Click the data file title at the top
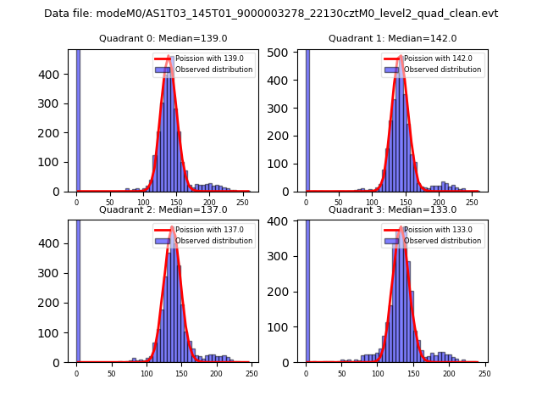pyautogui.click(x=271, y=14)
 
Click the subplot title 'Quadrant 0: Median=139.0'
pyautogui.click(x=163, y=38)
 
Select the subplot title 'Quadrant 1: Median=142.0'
pyautogui.click(x=392, y=38)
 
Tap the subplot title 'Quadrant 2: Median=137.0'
pyautogui.click(x=163, y=209)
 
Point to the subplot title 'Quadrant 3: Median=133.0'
pyautogui.click(x=392, y=209)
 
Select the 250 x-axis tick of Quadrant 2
pyautogui.click(x=252, y=372)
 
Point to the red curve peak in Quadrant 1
pyautogui.click(x=400, y=56)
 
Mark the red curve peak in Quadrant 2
pyautogui.click(x=172, y=227)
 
